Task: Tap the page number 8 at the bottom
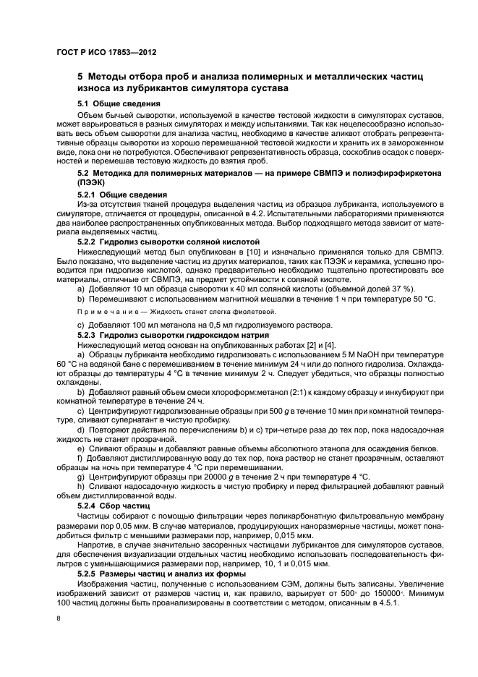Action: [x=59, y=619]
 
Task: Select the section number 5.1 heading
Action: [x=83, y=103]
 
